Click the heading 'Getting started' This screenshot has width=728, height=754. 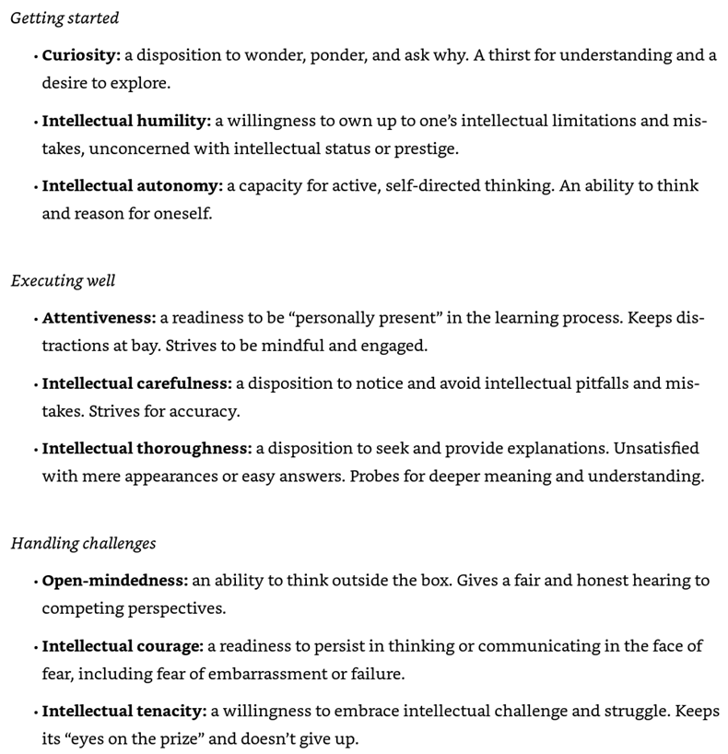click(x=65, y=18)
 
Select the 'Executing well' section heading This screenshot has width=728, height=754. click(x=63, y=280)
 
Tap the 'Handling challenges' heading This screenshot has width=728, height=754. click(x=83, y=543)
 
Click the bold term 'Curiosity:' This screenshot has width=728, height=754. click(x=81, y=54)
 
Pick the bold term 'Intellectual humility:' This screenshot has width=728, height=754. click(x=126, y=121)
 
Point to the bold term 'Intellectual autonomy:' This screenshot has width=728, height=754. click(x=133, y=186)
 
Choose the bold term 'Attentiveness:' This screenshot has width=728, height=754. click(x=99, y=318)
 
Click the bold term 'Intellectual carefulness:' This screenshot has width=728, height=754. click(x=137, y=383)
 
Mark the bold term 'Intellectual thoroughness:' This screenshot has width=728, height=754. click(x=147, y=449)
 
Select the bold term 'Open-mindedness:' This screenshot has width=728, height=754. click(x=115, y=581)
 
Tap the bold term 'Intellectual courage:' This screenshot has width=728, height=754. click(x=123, y=646)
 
